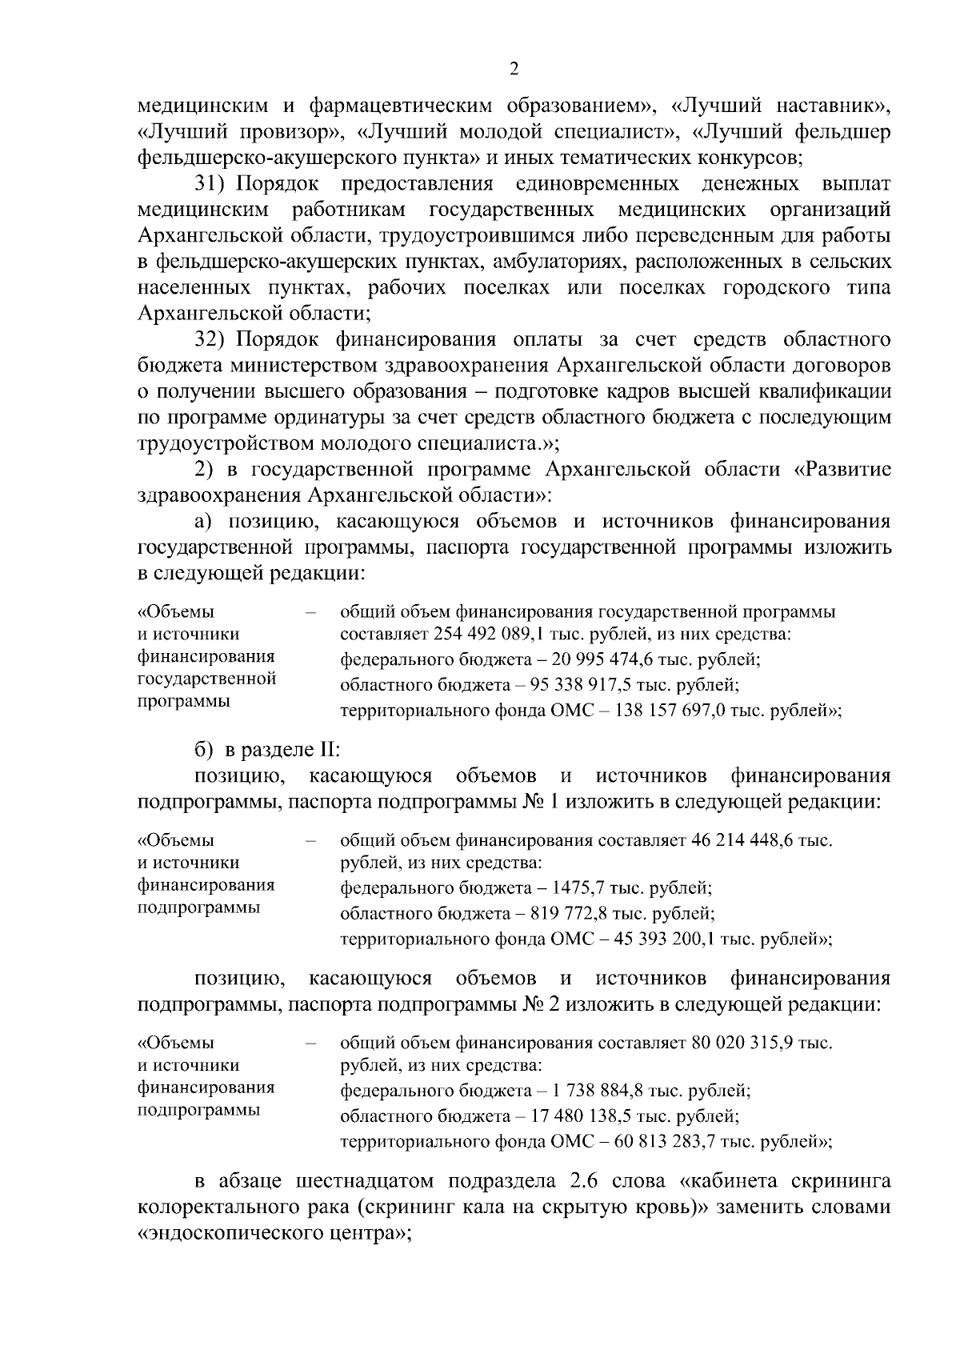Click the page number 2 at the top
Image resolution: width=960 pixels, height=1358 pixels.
pos(514,69)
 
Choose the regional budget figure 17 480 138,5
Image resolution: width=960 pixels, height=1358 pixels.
pos(595,1116)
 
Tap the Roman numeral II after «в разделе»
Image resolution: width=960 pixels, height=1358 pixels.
pos(330,750)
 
